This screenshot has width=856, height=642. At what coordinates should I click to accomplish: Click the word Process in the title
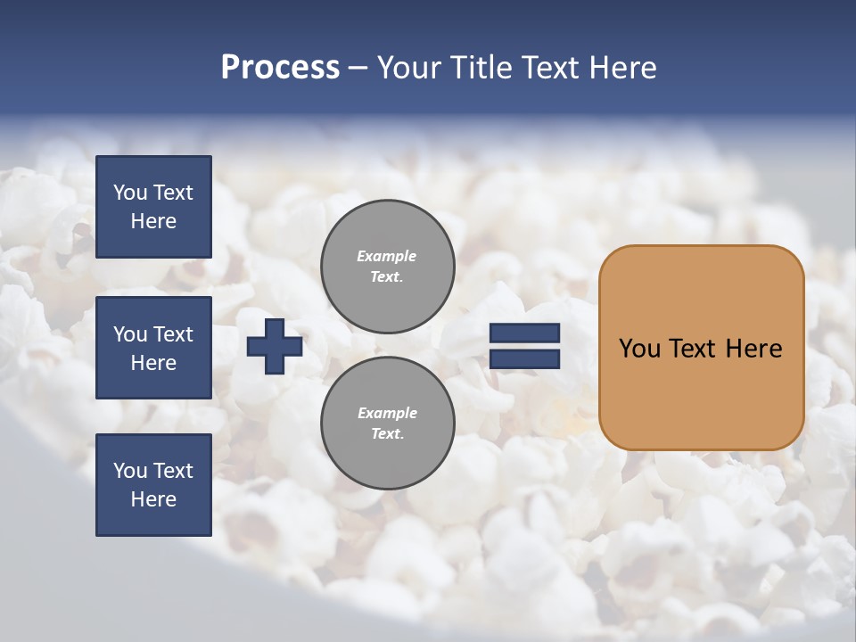click(280, 68)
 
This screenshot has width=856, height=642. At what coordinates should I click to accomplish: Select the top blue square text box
click(153, 207)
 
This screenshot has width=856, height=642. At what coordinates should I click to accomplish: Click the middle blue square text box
click(153, 348)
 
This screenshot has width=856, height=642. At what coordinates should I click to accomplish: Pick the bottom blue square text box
click(153, 484)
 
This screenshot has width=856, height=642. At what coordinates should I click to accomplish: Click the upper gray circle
click(387, 267)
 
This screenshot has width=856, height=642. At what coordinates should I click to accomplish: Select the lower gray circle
click(387, 424)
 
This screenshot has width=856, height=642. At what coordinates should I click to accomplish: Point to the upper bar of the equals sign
click(524, 333)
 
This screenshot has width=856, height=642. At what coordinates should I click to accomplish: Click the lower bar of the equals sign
click(524, 359)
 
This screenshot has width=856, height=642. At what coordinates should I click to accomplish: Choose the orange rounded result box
click(701, 347)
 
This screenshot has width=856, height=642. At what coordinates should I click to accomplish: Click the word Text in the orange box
click(693, 349)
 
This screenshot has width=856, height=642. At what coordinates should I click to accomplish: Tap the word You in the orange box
click(639, 349)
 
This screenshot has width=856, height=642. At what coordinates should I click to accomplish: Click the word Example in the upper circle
click(386, 256)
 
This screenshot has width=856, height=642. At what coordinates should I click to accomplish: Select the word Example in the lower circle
click(387, 413)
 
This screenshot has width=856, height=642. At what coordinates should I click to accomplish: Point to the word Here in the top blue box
click(153, 221)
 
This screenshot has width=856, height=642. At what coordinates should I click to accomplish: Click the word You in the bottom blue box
click(130, 471)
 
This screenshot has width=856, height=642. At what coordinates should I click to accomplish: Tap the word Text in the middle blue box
click(173, 334)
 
